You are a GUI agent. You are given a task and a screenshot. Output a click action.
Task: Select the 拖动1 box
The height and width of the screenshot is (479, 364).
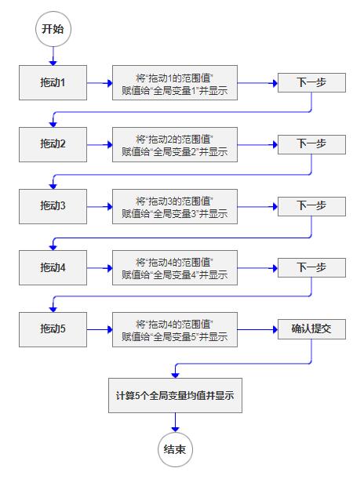click(x=53, y=82)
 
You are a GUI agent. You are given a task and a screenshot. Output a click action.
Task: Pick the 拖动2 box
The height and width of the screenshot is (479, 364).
click(x=53, y=144)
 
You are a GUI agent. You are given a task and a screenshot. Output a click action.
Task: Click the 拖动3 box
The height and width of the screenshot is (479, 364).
click(x=53, y=206)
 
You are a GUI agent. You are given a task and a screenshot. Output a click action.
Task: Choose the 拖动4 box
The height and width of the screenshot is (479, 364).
click(x=53, y=268)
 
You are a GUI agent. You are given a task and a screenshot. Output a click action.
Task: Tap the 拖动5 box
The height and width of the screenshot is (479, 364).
click(x=53, y=329)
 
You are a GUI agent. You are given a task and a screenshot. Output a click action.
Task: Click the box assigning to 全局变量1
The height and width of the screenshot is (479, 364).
click(x=174, y=82)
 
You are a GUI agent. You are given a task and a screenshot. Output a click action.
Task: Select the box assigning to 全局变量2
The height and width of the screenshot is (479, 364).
click(x=174, y=144)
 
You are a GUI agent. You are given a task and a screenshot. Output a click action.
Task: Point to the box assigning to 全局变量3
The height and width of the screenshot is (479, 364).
click(x=174, y=206)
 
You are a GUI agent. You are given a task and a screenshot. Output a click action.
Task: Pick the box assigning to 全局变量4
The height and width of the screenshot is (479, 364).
click(x=174, y=268)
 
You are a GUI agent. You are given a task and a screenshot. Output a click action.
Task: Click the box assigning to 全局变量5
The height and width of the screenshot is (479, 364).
click(x=174, y=329)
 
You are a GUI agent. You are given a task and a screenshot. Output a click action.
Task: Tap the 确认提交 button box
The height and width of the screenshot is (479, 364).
click(x=311, y=329)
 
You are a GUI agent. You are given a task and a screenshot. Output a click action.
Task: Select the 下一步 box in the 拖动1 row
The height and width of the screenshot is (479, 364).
click(x=311, y=82)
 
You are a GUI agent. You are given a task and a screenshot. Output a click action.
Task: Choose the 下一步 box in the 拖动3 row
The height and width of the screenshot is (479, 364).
click(x=311, y=206)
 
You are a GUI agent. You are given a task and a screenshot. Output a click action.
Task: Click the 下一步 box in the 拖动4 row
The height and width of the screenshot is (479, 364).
click(x=311, y=268)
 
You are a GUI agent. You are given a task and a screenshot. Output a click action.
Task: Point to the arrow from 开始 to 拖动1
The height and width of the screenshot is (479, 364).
click(x=53, y=55)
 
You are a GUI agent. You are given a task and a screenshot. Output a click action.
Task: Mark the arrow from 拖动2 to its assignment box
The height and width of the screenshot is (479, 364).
click(x=99, y=144)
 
